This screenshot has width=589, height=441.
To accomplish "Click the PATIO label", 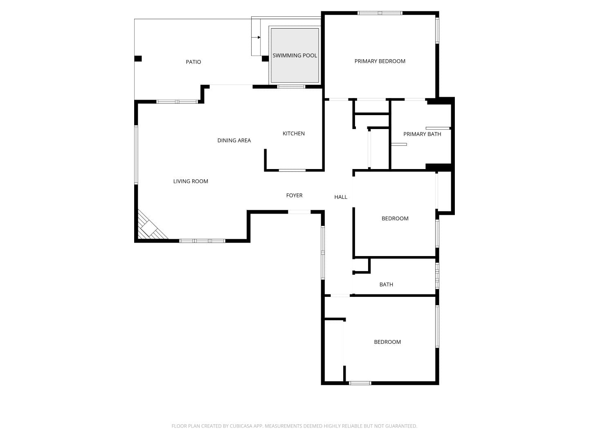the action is (193, 62).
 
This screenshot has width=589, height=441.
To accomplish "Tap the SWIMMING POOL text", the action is (294, 56).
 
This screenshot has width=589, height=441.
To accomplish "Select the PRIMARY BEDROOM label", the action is (380, 61).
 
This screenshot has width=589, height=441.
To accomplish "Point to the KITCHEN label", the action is (294, 134).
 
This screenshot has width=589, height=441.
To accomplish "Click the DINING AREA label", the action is (234, 140).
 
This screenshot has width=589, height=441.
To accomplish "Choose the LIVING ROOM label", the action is (191, 181).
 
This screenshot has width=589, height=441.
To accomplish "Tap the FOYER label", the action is (294, 196).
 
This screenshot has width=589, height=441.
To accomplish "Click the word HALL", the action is (341, 197).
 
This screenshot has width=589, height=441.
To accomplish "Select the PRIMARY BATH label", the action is (422, 134).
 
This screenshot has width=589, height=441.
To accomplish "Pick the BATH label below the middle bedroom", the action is (386, 285).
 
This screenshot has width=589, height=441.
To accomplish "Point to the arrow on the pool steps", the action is (256, 37).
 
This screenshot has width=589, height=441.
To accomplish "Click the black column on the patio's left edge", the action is (138, 58).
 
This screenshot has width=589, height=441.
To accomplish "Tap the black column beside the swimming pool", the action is (265, 58).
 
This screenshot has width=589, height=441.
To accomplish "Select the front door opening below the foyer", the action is (299, 212).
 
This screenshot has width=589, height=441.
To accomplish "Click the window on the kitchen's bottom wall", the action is (292, 170).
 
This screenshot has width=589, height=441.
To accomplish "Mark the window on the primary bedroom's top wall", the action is (380, 13).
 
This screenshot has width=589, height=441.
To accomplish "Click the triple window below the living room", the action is (202, 241).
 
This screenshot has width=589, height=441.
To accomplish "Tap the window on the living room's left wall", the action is (136, 155).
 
